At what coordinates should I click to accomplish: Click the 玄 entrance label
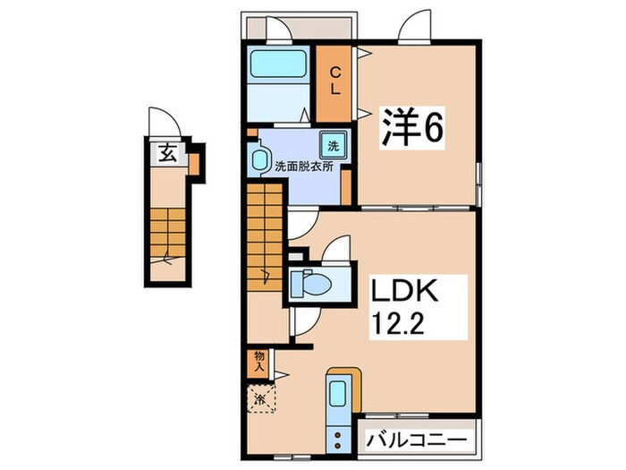click(x=167, y=153)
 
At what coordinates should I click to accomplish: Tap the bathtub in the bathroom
click(x=277, y=66)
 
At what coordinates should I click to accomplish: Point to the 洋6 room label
click(x=412, y=127)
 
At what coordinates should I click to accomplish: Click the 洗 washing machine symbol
click(x=332, y=145)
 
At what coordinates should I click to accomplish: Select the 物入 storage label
click(x=258, y=361)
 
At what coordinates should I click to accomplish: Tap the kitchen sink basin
click(x=340, y=395)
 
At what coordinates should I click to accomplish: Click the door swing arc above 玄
click(x=162, y=121)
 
